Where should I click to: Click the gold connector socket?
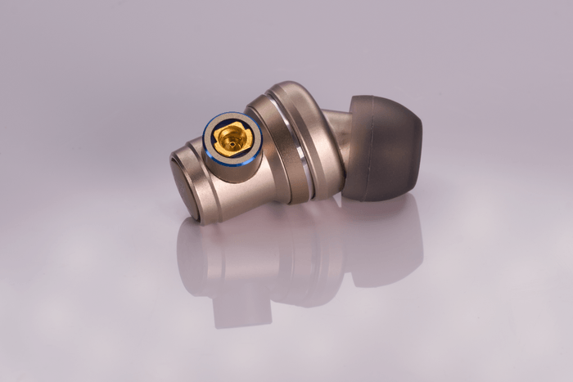click(x=231, y=140)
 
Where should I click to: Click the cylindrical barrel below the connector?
click(x=246, y=184)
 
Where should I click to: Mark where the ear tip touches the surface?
click(x=377, y=199)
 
